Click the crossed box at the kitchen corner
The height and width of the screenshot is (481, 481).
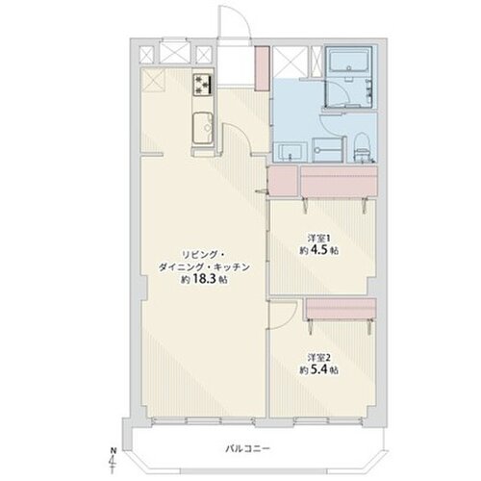click(x=155, y=83)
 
